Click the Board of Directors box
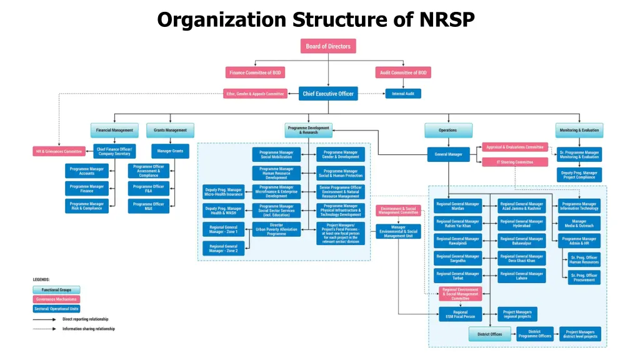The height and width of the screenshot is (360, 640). coord(328,46)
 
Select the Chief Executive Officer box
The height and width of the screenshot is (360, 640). coord(328,94)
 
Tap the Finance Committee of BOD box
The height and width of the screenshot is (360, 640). coord(255,72)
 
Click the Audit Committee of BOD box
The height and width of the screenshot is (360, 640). coord(403,72)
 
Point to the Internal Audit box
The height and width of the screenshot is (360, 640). coord(403,94)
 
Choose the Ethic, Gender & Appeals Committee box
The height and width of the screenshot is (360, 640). coord(255,94)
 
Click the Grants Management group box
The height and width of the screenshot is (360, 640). coord(171,130)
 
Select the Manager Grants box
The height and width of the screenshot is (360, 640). coord(171,151)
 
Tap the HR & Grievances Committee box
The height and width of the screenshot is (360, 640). coord(59,151)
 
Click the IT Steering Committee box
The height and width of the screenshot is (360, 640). coord(515,162)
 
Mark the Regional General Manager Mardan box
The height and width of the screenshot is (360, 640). coord(458,206)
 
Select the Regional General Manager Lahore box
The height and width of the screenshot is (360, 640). coord(522,276)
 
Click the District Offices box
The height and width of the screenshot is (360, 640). coord(490,334)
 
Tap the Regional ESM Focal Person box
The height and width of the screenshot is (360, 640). coord(460,314)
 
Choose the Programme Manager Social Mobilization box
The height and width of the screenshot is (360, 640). coord(276,154)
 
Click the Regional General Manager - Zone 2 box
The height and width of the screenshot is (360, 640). coord(224,248)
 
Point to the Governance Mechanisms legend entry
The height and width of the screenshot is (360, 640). coord(56,299)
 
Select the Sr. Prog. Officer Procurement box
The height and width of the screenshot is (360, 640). coord(584,277)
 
